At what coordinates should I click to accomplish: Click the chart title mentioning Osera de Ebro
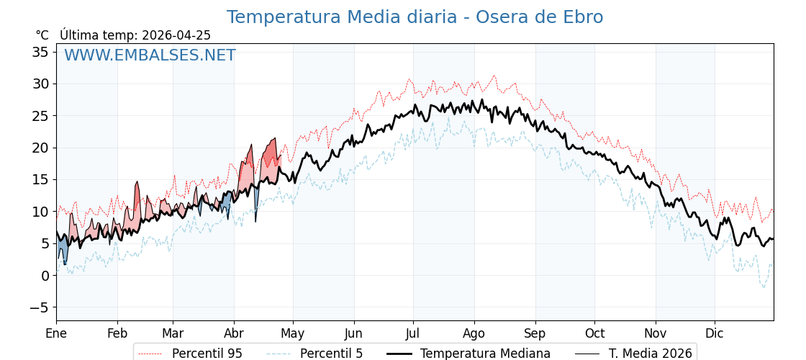point(415,17)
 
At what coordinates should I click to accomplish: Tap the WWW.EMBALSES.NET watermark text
point(150,55)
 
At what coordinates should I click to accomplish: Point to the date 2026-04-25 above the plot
point(176,35)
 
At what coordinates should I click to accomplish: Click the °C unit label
point(42,35)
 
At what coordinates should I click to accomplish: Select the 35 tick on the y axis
point(40,52)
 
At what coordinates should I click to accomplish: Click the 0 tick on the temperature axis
point(45,276)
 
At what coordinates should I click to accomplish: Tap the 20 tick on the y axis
point(40,148)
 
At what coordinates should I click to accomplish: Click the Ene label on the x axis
point(56,333)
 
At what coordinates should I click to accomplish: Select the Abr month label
point(234,333)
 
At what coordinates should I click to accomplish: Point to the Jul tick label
point(413,333)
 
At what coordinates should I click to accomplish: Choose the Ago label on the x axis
point(474,333)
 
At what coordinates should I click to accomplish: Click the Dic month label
point(715,333)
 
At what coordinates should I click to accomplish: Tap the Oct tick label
point(594,333)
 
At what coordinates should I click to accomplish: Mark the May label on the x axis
point(293,333)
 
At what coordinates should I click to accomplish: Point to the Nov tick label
point(656,333)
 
